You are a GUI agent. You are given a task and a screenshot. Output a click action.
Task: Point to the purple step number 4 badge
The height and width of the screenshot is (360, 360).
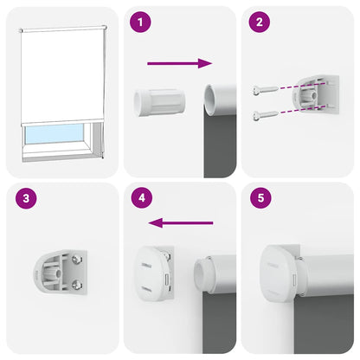point(138,199)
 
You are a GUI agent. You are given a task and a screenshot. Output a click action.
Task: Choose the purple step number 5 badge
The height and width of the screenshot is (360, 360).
point(258,199)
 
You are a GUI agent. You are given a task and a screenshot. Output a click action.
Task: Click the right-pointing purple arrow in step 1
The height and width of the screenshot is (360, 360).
point(179,63)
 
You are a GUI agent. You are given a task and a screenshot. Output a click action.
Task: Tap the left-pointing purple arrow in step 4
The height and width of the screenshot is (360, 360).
point(182,223)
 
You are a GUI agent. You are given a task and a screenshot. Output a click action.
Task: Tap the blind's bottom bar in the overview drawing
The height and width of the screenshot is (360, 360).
point(61,124)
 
